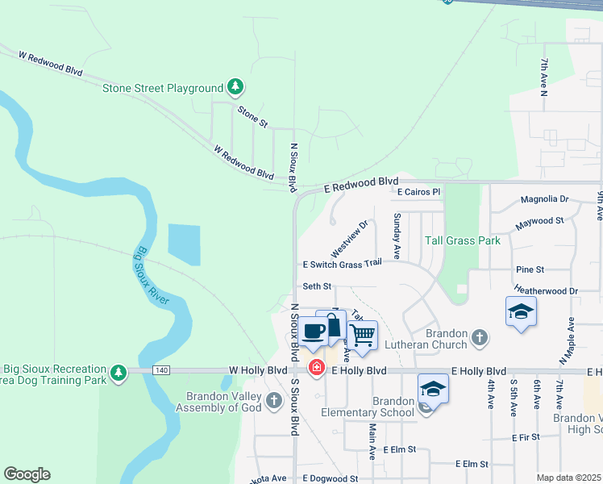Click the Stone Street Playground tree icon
[x=235, y=86]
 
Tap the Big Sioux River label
[x=152, y=275]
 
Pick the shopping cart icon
[x=363, y=333]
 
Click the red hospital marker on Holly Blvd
[x=318, y=368]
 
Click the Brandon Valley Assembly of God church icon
[x=274, y=400]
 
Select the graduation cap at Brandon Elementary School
[x=434, y=389]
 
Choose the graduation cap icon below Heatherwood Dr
[x=521, y=311]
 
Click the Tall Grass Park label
[x=463, y=240]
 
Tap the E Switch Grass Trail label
[x=342, y=264]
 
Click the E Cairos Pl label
[x=419, y=193]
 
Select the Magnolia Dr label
[x=544, y=198]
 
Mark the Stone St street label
[x=252, y=115]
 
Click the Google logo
[x=27, y=474]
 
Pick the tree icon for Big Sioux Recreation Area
[x=119, y=372]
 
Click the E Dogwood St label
[x=330, y=478]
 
